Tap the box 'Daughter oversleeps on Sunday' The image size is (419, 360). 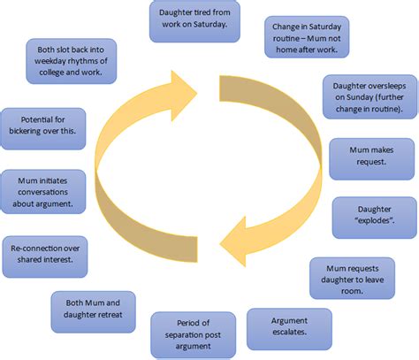(365, 96)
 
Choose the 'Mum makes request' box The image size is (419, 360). (366, 157)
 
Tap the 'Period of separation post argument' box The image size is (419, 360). (193, 334)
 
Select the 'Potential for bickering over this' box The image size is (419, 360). (43, 129)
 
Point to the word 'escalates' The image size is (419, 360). (289, 335)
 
